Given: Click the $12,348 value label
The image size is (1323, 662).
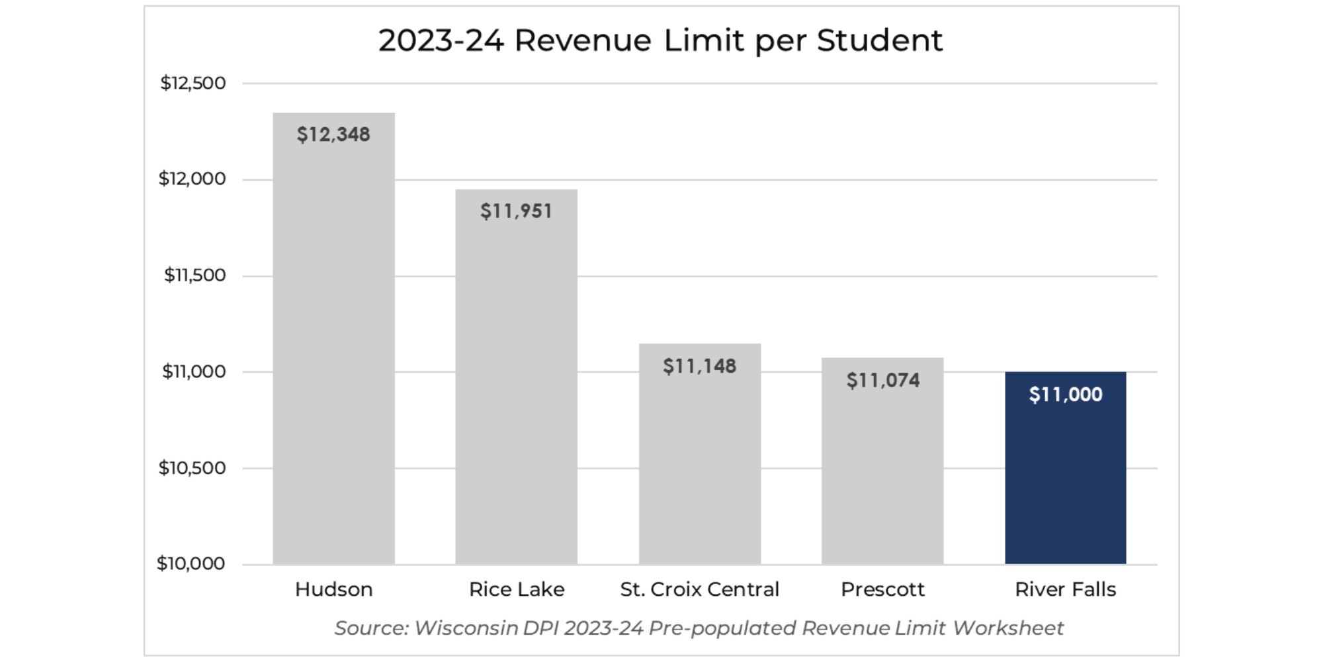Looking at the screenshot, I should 333,134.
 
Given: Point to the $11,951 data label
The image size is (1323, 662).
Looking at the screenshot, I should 516,211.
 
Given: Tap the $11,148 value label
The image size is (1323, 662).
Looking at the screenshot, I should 699,366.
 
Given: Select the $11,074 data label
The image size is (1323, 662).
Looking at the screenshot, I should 882,381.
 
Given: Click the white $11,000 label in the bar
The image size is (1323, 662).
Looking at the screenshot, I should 1065,395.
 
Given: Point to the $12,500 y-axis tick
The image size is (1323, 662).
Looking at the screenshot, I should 192,83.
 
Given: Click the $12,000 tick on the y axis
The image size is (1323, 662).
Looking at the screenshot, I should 192,179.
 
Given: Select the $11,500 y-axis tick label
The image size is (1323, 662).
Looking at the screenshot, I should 194,275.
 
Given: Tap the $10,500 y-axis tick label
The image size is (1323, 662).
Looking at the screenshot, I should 192,468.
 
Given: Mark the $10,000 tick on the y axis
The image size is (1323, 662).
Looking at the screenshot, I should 191,563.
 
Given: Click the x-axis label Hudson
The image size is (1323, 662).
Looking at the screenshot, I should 333,589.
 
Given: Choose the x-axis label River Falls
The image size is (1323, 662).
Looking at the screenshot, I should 1065,589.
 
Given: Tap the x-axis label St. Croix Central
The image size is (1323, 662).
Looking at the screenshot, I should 699,589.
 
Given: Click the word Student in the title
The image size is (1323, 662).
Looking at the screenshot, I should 879,40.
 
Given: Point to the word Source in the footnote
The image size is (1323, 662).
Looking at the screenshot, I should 370,628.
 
